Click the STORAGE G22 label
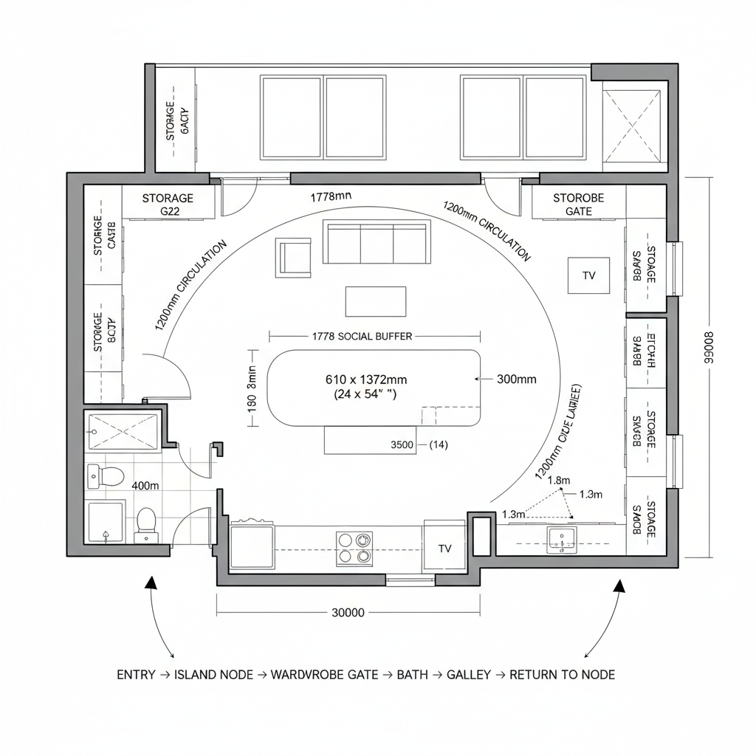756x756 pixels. pos(168,205)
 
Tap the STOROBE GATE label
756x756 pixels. pos(578,205)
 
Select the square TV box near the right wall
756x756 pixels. pos(588,275)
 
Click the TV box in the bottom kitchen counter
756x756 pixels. pos(444,548)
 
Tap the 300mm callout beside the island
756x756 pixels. pos(517,379)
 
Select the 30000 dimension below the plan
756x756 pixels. pos(348,613)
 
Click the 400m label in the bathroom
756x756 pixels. pos(145,485)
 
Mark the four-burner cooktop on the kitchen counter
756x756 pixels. pos(354,548)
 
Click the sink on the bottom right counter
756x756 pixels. pos(562,540)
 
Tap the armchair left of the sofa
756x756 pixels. pos(293,257)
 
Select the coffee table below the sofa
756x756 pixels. pos(376,301)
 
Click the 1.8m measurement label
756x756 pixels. pos(559,481)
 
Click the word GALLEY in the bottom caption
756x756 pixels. pos(469,675)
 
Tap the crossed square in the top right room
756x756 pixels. pos(632,127)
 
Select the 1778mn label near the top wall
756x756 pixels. pos(331,196)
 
